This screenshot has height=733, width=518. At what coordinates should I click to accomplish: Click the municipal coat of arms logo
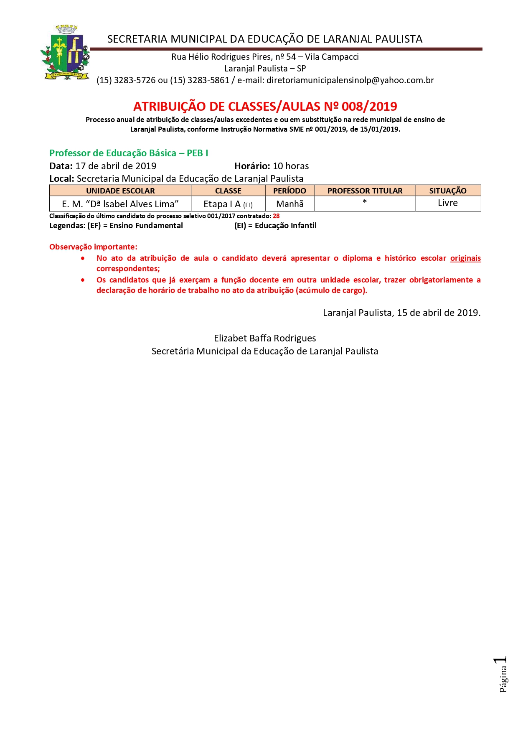click(65, 53)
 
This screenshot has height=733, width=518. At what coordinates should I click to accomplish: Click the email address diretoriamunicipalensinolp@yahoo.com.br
click(350, 80)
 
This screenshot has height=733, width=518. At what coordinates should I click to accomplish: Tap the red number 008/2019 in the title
click(369, 107)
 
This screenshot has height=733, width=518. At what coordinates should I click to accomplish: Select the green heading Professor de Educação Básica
click(129, 153)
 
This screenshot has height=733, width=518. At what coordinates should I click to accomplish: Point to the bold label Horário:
click(252, 166)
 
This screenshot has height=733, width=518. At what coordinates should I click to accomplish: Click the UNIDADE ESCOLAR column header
click(120, 191)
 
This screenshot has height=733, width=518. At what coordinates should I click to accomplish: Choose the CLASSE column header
click(228, 191)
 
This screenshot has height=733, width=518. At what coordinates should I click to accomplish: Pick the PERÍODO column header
click(289, 191)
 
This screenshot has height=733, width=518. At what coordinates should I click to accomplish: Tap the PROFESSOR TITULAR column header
click(365, 191)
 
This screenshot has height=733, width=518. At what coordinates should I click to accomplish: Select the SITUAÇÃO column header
click(448, 191)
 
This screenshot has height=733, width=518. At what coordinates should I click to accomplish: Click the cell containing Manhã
click(289, 204)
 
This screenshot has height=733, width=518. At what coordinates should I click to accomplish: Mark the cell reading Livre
click(448, 203)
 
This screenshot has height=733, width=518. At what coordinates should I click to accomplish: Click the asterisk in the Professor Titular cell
click(365, 202)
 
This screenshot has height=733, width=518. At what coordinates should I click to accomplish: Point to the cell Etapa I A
click(228, 204)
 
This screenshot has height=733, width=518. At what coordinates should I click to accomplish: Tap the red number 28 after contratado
click(276, 216)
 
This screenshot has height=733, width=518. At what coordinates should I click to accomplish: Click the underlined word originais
click(465, 258)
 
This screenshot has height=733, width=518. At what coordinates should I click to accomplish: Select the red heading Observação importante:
click(93, 247)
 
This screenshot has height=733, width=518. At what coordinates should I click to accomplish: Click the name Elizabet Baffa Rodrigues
click(265, 339)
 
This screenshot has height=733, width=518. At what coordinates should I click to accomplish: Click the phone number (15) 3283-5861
click(200, 80)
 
